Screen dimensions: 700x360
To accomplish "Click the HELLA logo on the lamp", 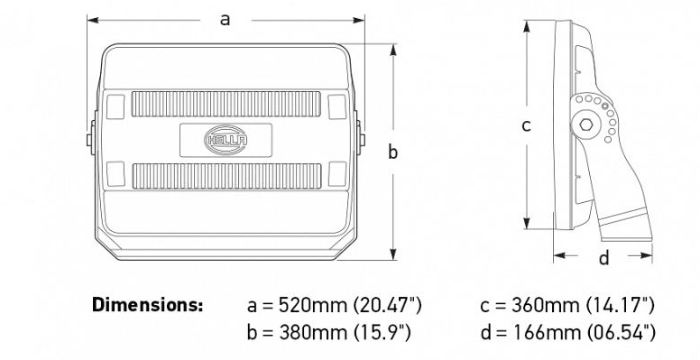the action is [226, 140].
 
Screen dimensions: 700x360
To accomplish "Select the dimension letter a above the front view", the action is [226, 20].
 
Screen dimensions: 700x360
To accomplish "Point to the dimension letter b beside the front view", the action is [392, 152].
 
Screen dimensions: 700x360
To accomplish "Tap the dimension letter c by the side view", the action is [526, 126].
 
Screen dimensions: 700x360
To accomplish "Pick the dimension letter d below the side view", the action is [603, 258].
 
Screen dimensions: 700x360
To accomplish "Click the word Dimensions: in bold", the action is [147, 305].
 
